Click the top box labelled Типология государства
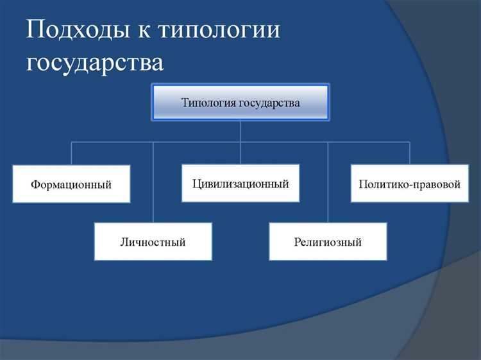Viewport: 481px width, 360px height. coord(240,102)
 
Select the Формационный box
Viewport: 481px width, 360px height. coord(71,184)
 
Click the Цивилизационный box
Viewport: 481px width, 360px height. coord(240,184)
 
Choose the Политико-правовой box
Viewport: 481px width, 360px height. coord(409,184)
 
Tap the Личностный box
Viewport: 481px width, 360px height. coord(153,242)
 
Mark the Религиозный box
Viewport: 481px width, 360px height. coord(328,242)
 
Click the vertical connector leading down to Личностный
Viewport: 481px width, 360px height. coord(153,183)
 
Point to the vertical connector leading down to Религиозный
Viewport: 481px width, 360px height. coord(328,183)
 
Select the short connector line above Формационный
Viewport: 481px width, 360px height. coord(71,153)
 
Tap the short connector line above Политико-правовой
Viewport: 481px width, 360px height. coord(410,153)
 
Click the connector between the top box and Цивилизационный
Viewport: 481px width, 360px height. coord(240,142)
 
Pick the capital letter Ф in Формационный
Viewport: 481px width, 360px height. coord(35,185)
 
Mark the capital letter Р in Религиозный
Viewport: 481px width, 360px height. coord(297,243)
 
